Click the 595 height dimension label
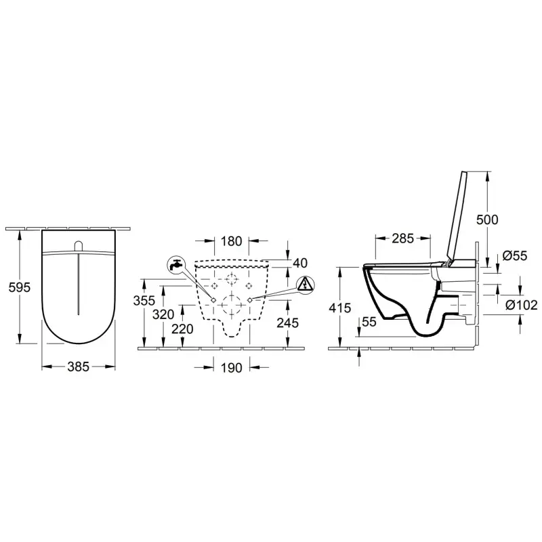click(x=20, y=287)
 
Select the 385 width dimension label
click(x=79, y=367)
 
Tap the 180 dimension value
click(x=231, y=241)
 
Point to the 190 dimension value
click(x=231, y=368)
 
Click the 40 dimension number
click(x=300, y=263)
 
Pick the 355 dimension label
click(x=144, y=301)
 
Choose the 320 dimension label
click(x=163, y=314)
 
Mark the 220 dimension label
click(x=182, y=329)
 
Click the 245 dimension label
click(x=288, y=323)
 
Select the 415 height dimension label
click(x=340, y=308)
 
